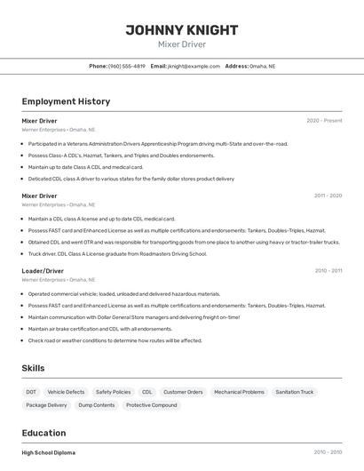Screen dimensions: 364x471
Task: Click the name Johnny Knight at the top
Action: pyautogui.click(x=181, y=30)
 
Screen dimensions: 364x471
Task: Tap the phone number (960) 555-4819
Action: pyautogui.click(x=127, y=66)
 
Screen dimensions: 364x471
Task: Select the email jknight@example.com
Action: pyautogui.click(x=194, y=66)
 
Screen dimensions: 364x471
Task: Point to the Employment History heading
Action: pyautogui.click(x=66, y=101)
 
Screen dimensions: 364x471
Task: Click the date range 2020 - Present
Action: pyautogui.click(x=324, y=121)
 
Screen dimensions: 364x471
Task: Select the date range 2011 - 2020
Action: pyautogui.click(x=328, y=196)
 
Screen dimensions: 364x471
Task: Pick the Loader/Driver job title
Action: pyautogui.click(x=43, y=271)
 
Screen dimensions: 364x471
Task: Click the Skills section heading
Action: pyautogui.click(x=33, y=368)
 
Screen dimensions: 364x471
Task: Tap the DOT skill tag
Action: pyautogui.click(x=31, y=392)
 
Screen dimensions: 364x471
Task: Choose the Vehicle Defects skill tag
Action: pyautogui.click(x=66, y=392)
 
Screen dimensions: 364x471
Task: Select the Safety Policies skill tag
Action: pyautogui.click(x=113, y=392)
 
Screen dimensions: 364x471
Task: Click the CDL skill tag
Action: pyautogui.click(x=146, y=392)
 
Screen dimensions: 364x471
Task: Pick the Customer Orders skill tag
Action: pyautogui.click(x=183, y=392)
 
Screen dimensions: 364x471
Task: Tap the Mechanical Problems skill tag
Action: pyautogui.click(x=239, y=392)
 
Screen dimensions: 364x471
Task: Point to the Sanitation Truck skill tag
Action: pyautogui.click(x=294, y=392)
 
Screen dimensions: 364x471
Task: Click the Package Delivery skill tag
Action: pyautogui.click(x=46, y=405)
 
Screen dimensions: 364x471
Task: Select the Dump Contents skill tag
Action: pyautogui.click(x=96, y=405)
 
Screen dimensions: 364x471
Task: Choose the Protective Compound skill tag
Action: pyautogui.click(x=151, y=405)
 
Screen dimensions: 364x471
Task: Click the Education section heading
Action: pyautogui.click(x=45, y=433)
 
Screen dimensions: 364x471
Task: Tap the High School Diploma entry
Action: pyautogui.click(x=49, y=452)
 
